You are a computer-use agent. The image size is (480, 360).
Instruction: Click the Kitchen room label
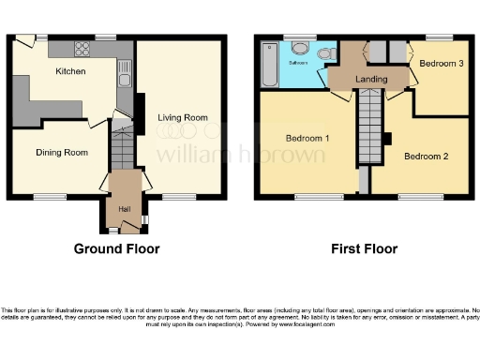click(x=70, y=71)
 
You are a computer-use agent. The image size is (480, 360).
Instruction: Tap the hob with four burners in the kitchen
click(x=82, y=47)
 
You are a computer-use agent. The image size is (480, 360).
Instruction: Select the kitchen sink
click(x=123, y=84)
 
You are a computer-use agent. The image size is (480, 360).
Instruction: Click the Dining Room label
click(x=62, y=152)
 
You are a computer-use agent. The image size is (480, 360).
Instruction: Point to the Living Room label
click(x=182, y=117)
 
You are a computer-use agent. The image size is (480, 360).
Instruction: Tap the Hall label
click(x=124, y=208)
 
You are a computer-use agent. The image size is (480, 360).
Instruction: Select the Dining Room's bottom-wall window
click(x=51, y=197)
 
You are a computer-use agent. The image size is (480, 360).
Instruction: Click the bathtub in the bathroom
click(x=271, y=67)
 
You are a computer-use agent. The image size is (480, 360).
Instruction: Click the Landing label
click(x=372, y=80)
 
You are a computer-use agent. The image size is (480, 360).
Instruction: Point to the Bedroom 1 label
click(x=307, y=139)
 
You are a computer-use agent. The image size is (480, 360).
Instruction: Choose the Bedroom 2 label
click(x=427, y=157)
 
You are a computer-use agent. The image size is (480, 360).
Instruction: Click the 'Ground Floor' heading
click(x=116, y=249)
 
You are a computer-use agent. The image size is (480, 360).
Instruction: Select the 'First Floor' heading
click(x=364, y=249)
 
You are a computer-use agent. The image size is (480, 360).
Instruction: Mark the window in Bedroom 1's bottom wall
click(x=306, y=197)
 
